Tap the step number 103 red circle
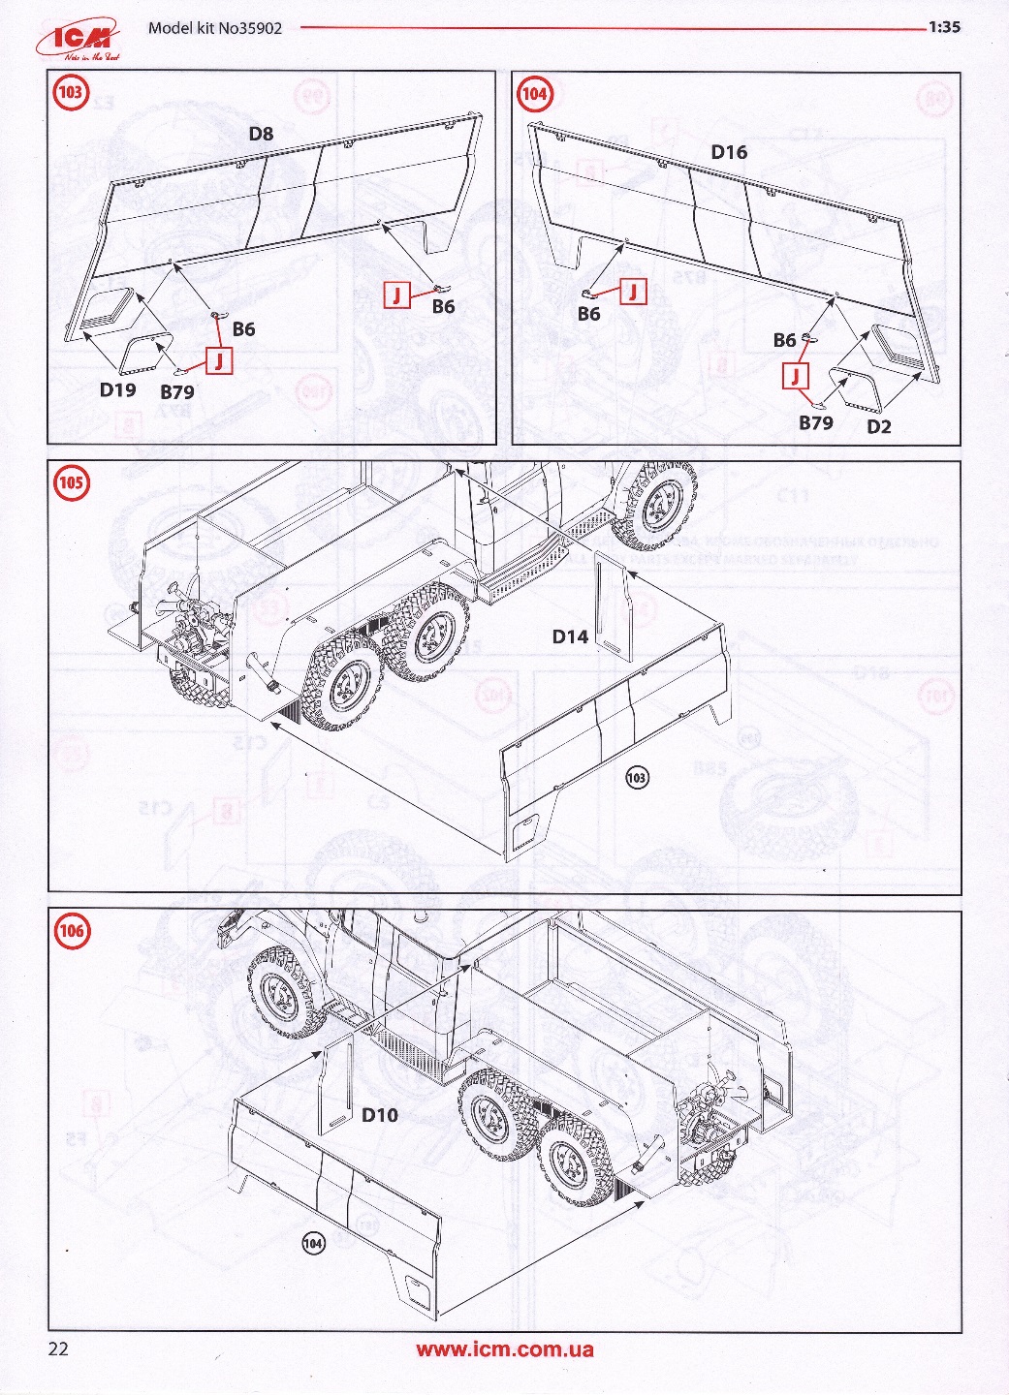[x=71, y=93]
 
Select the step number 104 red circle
[x=534, y=94]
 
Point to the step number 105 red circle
[x=71, y=482]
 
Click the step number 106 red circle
[x=71, y=932]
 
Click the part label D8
[x=261, y=134]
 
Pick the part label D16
[x=729, y=152]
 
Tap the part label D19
[x=117, y=389]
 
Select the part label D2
[x=878, y=426]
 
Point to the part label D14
[x=570, y=636]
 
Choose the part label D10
[x=380, y=1115]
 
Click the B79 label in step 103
[x=176, y=392]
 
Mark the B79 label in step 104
[x=815, y=422]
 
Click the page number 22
[x=58, y=1348]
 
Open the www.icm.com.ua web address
[x=505, y=1348]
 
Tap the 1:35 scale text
[x=943, y=27]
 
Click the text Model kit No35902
[x=215, y=28]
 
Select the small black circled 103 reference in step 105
[x=637, y=777]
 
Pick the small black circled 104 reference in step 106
[x=313, y=1243]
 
